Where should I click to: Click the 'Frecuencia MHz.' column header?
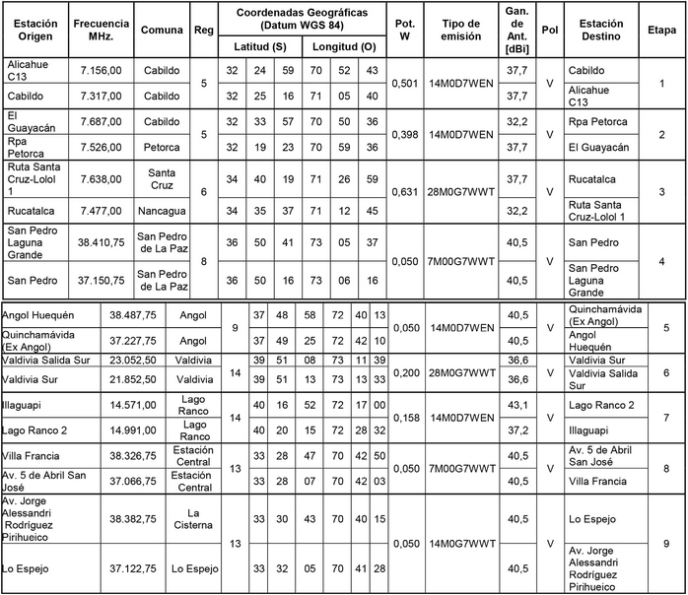coord(100,30)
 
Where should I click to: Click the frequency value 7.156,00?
coord(100,71)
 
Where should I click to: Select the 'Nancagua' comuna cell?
coord(161,210)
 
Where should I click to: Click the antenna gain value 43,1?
coord(517,405)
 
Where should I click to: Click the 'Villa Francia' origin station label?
coord(36,456)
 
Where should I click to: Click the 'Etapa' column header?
coord(661,30)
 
